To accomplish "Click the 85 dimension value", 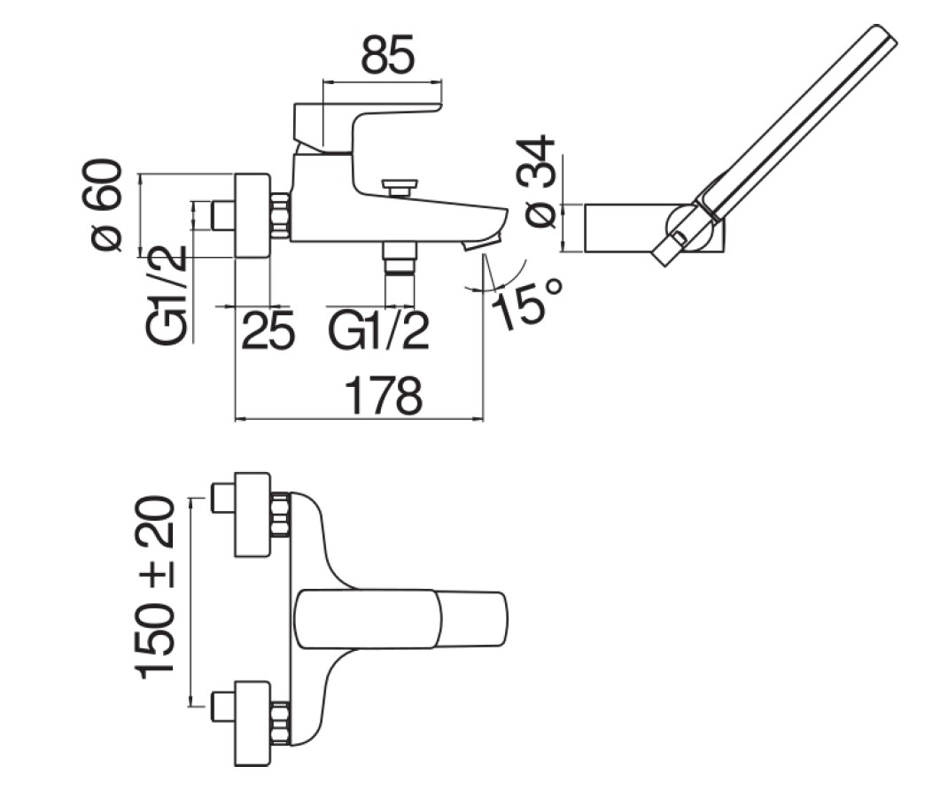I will (x=387, y=55).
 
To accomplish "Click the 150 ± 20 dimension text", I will (x=158, y=587).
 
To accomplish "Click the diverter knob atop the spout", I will (x=400, y=188).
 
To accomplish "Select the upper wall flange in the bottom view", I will (x=252, y=514).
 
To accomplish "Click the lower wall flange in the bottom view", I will (x=252, y=724).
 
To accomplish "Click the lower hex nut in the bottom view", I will (x=281, y=721).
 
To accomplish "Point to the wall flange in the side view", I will (x=251, y=215).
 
